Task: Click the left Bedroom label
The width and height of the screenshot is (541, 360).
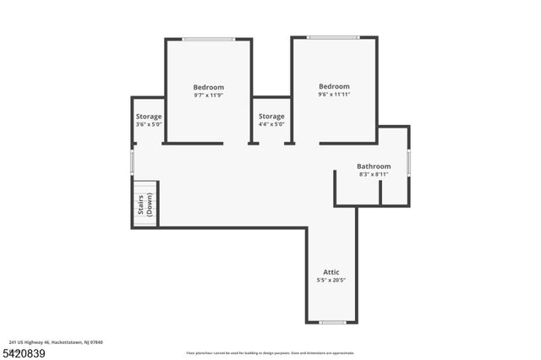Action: tap(208, 87)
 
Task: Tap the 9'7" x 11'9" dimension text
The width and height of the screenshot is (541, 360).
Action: tap(208, 95)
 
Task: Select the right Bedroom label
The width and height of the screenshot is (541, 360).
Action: tap(334, 86)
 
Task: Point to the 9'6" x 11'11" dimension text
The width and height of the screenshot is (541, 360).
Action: tap(334, 95)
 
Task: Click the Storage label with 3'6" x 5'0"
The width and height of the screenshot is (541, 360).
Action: tap(149, 116)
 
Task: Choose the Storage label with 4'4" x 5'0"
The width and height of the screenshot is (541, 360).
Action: tap(271, 116)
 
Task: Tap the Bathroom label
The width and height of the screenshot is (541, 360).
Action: tap(374, 166)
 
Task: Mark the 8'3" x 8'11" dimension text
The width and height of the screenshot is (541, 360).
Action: tap(374, 175)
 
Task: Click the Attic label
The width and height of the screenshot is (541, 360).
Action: tap(331, 271)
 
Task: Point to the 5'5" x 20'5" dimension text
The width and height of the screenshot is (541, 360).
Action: tap(331, 280)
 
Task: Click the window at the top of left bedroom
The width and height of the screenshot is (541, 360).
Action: tap(209, 39)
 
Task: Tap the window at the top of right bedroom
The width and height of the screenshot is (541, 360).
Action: tap(333, 37)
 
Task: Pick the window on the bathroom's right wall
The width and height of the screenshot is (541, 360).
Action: tap(409, 162)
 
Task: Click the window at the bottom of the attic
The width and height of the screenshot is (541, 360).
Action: tap(332, 322)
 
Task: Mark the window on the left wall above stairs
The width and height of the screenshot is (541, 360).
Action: tap(132, 161)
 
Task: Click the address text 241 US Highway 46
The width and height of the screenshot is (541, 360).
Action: tap(56, 342)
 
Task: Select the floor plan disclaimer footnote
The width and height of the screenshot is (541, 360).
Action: tap(270, 352)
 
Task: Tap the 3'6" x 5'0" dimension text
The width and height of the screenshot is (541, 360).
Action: tap(149, 124)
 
